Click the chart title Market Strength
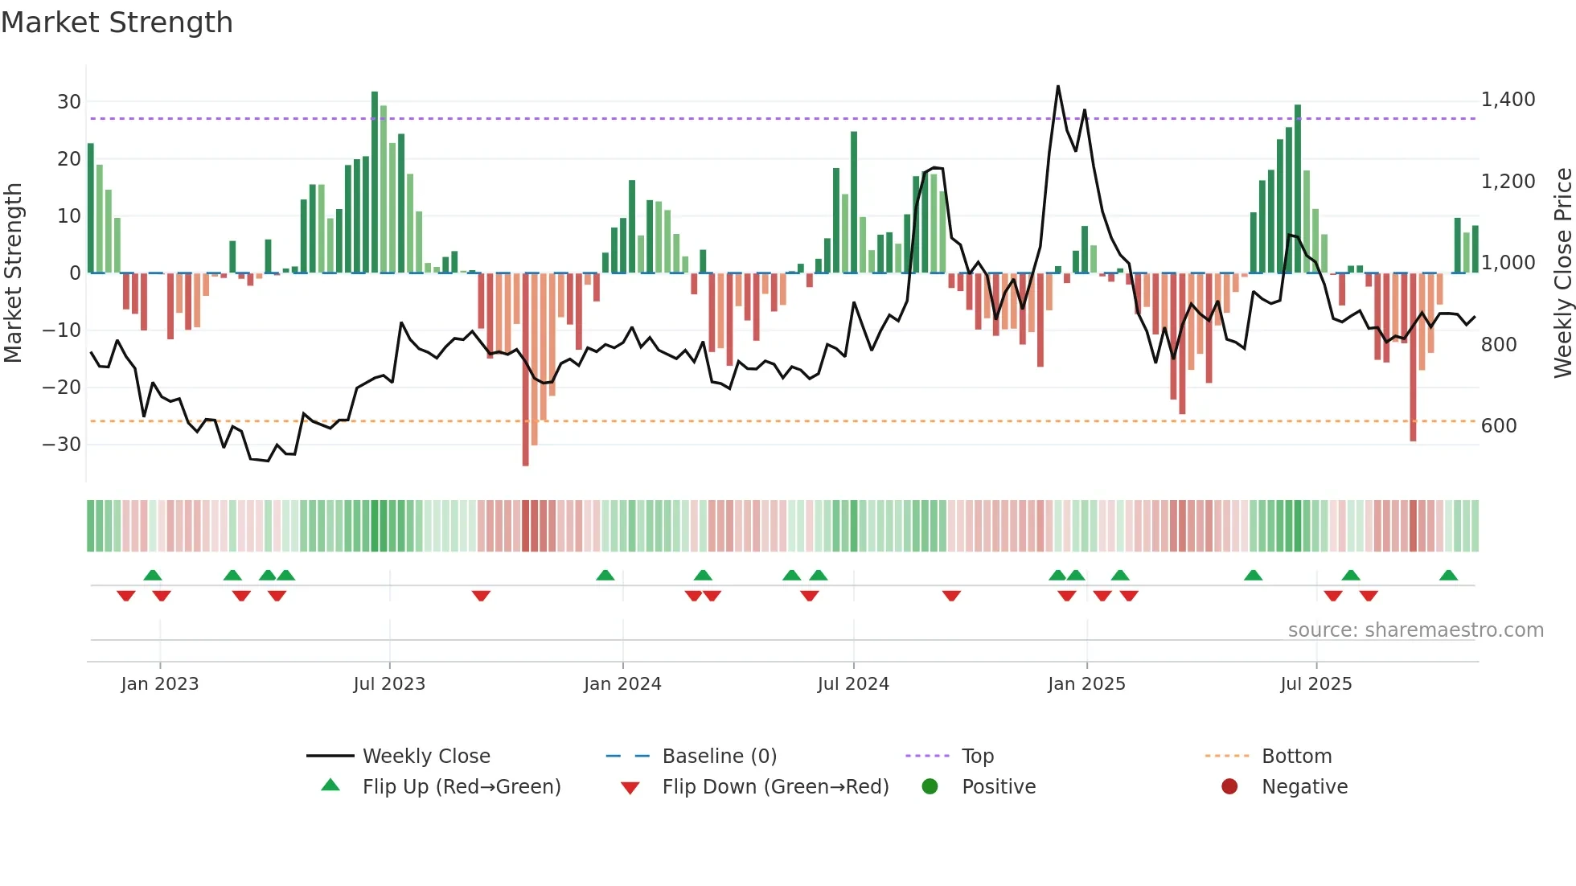point(117,23)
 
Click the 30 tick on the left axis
point(69,102)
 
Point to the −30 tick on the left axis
point(63,445)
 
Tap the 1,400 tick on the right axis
point(1508,100)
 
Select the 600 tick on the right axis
point(1499,426)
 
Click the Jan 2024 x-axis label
point(622,684)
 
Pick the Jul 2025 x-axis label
point(1315,684)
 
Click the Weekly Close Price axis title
point(1562,273)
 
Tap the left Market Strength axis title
point(13,273)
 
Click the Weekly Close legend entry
point(425,757)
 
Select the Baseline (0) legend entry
point(719,757)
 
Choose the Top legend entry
point(977,757)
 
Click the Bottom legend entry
point(1296,757)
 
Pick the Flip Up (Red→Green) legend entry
point(461,787)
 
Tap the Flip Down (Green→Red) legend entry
point(775,787)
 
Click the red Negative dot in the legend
point(1229,787)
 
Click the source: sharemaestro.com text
point(1415,630)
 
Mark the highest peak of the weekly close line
point(1057,86)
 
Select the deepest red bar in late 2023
point(525,370)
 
